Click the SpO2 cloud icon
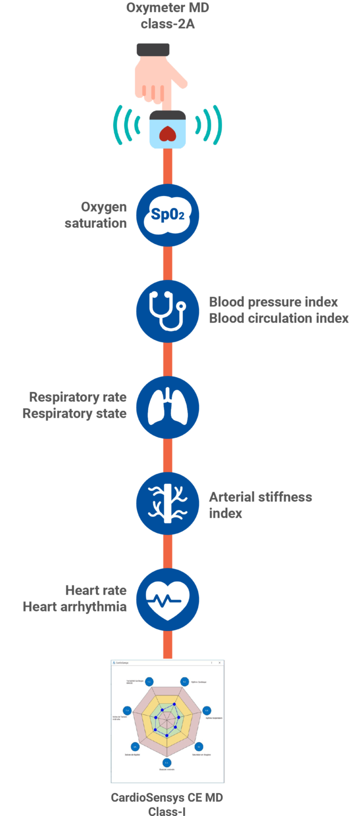tap(168, 215)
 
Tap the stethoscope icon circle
tap(168, 310)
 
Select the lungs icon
tap(168, 407)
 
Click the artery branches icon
tap(168, 503)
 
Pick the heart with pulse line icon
tap(168, 599)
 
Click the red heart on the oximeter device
tap(168, 133)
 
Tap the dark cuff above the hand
tap(153, 50)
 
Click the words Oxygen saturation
tap(96, 215)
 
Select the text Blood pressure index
tap(273, 302)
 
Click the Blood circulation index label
tap(279, 318)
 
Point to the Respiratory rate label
tap(78, 397)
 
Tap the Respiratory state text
tap(74, 413)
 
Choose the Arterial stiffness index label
tap(260, 505)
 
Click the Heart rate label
tap(96, 590)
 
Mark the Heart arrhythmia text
tap(75, 606)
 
